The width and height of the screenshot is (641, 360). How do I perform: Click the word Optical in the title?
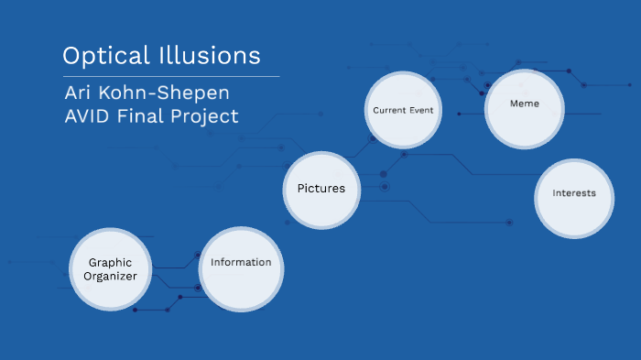pos(100,55)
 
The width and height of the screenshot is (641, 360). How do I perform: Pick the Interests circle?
pos(574,197)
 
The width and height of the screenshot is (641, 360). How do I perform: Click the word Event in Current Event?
pos(422,110)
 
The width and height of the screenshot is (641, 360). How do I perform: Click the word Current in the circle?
pos(390,110)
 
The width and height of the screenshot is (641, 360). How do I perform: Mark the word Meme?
pos(525,104)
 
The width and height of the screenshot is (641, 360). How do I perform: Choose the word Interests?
pos(574,193)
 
